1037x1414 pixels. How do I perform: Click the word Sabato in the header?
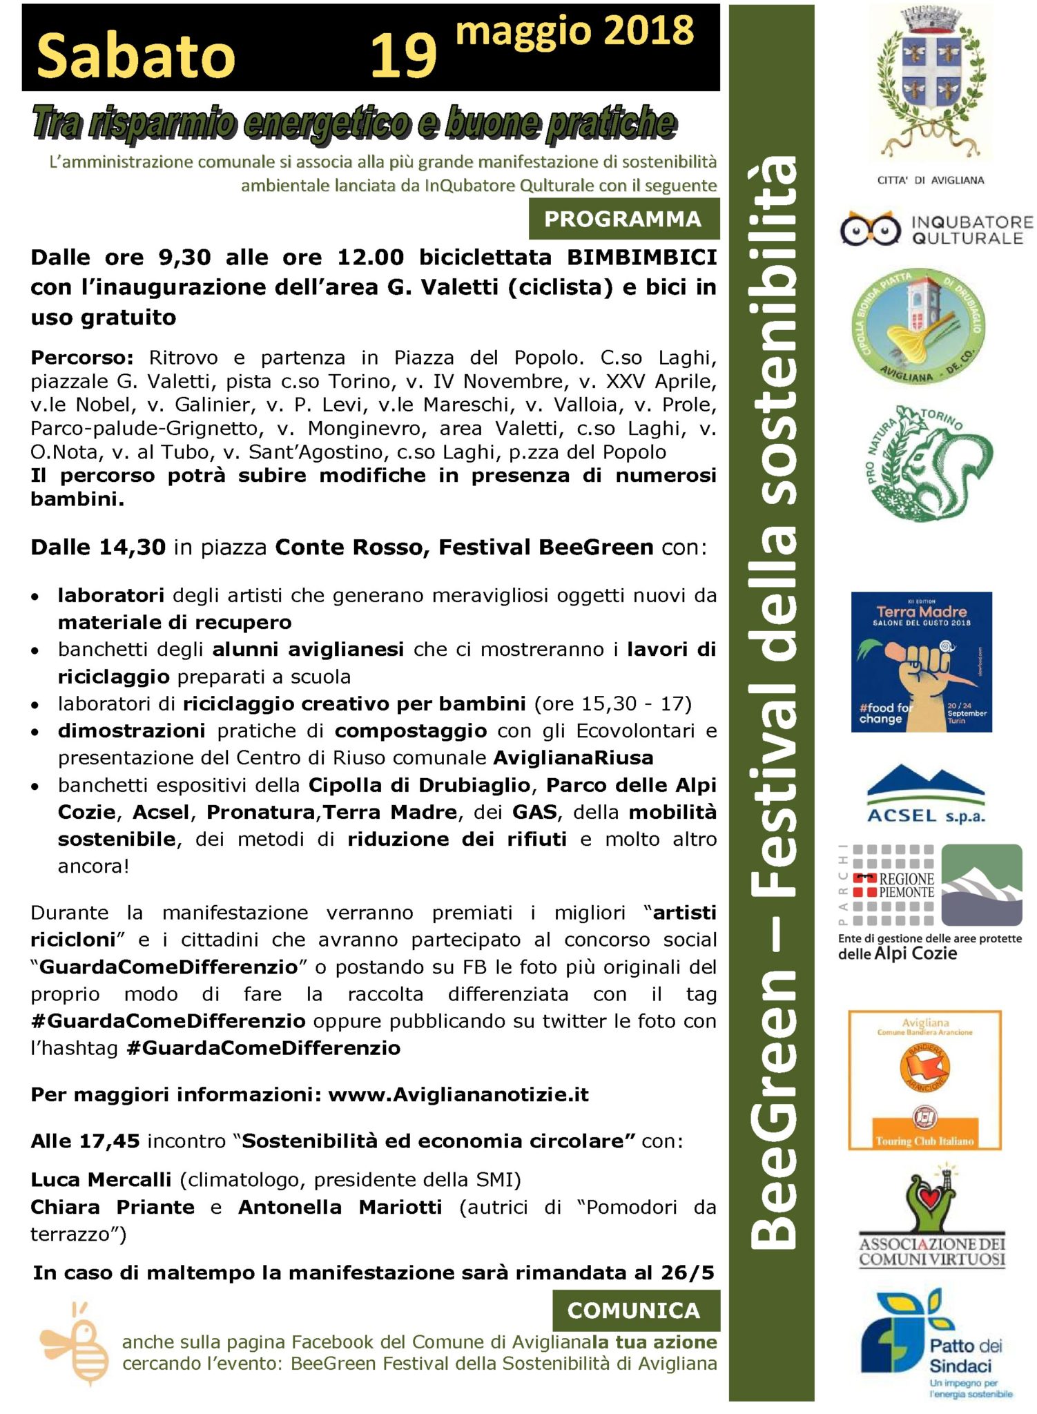pos(135,56)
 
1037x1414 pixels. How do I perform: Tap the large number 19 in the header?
pos(403,56)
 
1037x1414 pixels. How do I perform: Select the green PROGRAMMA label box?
pos(623,219)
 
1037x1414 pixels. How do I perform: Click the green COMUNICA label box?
pos(634,1310)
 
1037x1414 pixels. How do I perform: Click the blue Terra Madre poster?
pos(921,661)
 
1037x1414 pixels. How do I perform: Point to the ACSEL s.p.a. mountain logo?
pos(925,794)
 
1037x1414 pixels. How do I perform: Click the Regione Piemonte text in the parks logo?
pos(905,885)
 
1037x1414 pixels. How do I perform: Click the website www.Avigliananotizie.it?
pos(458,1095)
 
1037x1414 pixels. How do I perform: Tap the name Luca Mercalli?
pos(101,1180)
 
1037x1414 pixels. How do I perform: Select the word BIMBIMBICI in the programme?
pos(641,258)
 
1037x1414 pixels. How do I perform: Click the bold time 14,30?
pos(132,548)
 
